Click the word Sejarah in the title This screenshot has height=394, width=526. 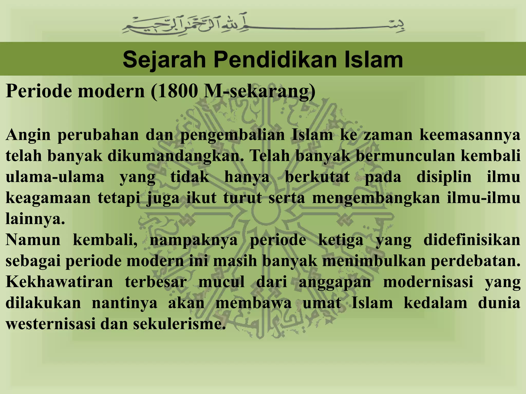pos(164,60)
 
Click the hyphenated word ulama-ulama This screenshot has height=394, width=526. pos(55,177)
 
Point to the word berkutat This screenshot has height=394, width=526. pos(317,177)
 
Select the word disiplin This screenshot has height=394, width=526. pos(444,177)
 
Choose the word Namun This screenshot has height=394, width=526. pos(33,240)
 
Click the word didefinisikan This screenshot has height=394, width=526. pos(472,240)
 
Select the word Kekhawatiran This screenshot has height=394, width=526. pos(59,282)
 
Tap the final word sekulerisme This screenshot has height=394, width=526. pos(177,324)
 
